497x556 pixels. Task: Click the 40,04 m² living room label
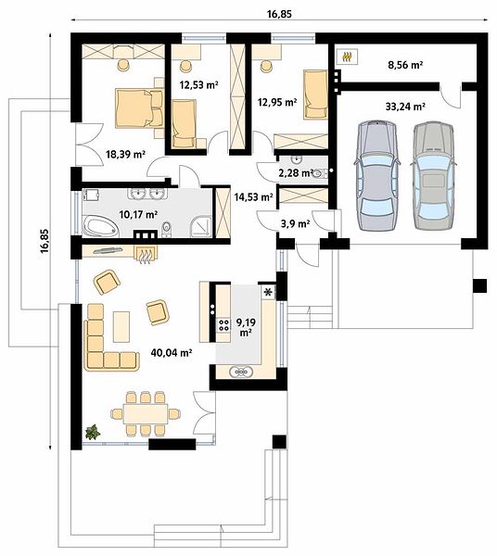(x=172, y=352)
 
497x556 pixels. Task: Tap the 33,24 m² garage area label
(x=405, y=107)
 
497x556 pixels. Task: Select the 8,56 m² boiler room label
(x=405, y=65)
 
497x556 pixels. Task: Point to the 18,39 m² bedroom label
(x=126, y=154)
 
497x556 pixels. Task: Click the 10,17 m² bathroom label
(x=138, y=214)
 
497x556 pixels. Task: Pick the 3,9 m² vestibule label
(x=296, y=223)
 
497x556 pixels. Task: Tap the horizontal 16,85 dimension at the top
(x=279, y=14)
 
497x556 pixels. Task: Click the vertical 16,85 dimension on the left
(x=45, y=241)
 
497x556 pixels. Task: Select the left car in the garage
(x=377, y=175)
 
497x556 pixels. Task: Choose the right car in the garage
(x=433, y=175)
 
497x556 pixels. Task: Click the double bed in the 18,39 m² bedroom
(x=139, y=107)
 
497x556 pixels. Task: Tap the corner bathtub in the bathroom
(x=100, y=227)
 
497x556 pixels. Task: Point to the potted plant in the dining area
(x=93, y=432)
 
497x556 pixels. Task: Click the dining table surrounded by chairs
(x=146, y=413)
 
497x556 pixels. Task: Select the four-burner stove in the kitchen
(x=223, y=325)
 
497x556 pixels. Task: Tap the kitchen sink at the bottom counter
(x=241, y=372)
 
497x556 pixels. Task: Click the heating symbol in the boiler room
(x=348, y=57)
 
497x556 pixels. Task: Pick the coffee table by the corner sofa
(x=121, y=326)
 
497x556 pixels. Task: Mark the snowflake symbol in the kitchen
(x=268, y=292)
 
